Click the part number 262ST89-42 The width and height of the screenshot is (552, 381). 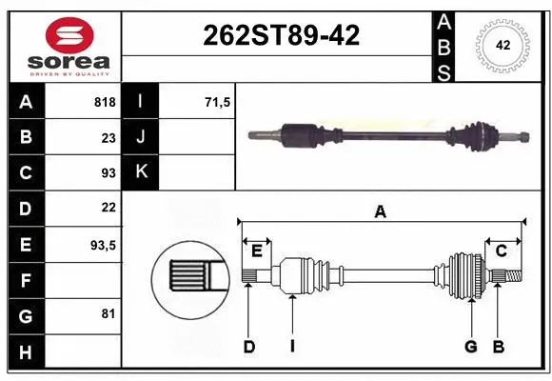(282, 36)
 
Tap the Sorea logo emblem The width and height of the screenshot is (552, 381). (69, 35)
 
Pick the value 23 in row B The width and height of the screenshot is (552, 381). (108, 137)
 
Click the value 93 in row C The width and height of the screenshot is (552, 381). (108, 172)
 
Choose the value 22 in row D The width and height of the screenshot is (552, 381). (108, 208)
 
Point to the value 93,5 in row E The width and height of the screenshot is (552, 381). (103, 244)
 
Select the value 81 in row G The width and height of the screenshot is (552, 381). (108, 313)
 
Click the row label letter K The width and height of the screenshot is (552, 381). (141, 172)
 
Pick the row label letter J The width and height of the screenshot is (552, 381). (141, 137)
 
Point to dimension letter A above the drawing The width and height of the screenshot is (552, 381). (381, 212)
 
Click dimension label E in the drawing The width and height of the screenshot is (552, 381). (257, 251)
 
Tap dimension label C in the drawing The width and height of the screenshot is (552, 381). (501, 251)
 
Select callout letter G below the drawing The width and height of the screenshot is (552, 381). (470, 347)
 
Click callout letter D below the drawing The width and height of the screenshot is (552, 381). (249, 347)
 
